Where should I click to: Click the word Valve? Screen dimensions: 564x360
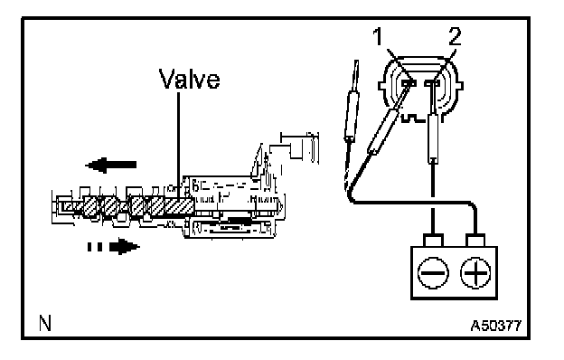(189, 80)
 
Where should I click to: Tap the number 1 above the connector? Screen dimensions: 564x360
(378, 37)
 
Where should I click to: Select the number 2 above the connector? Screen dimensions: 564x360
(455, 37)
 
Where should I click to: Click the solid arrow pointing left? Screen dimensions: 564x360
(111, 166)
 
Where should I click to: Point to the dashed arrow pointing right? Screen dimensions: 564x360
(114, 247)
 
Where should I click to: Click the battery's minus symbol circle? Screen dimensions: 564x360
(433, 272)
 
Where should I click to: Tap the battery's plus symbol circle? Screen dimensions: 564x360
(475, 272)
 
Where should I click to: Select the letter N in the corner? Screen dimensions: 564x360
(45, 323)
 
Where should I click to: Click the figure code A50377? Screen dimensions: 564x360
(496, 326)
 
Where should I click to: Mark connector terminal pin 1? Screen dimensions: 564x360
(409, 83)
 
